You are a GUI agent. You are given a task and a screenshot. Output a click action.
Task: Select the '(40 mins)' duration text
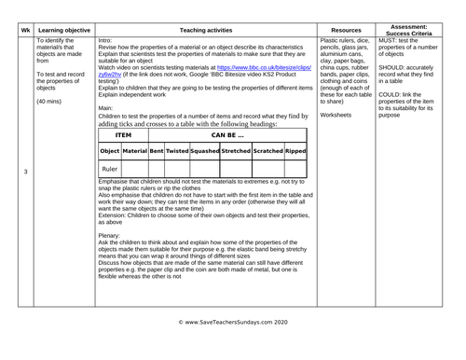click(x=51, y=101)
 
